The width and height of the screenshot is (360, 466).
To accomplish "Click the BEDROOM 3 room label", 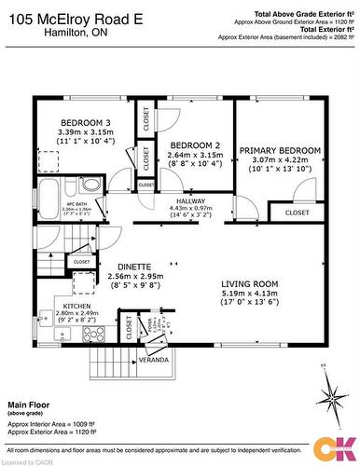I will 85,123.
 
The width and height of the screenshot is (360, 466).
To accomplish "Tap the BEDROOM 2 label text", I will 194,144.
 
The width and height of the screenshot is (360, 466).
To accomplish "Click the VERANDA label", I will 153,359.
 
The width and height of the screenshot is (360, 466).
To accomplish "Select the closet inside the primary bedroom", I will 296,212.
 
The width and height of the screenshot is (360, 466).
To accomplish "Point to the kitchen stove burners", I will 94,333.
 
